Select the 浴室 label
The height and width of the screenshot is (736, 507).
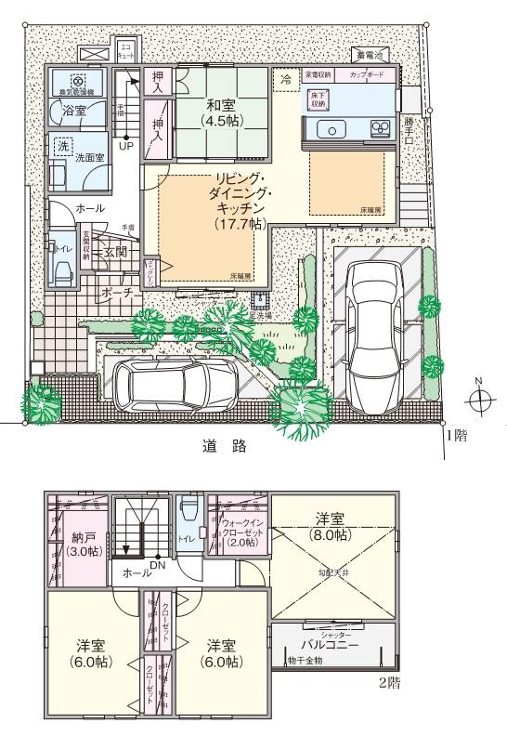(74, 110)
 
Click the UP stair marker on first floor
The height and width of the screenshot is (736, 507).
(125, 147)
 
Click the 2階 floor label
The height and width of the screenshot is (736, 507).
(389, 683)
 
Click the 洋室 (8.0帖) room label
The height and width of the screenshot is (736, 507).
(331, 527)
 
